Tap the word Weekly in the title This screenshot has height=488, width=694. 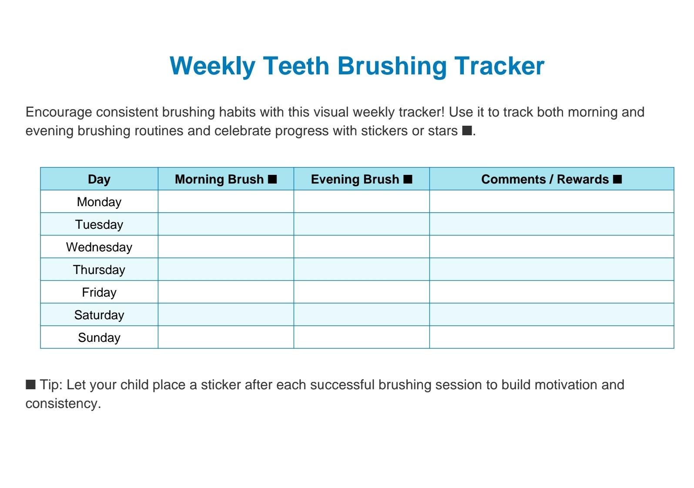[212, 66]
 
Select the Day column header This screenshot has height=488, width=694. [99, 179]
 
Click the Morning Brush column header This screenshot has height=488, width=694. [219, 179]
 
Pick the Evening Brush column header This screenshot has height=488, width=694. [355, 179]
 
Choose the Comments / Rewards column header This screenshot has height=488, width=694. [545, 179]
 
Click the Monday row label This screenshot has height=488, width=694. [99, 202]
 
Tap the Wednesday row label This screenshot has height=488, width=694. [99, 247]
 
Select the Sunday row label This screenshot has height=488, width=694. [99, 338]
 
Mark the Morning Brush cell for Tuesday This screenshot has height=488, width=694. [226, 224]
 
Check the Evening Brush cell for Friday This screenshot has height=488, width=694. [362, 292]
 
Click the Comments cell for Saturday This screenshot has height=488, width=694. [552, 315]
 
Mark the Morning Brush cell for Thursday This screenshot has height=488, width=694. [226, 270]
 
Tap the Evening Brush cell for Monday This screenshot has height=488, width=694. [362, 202]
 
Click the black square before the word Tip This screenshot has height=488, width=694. [30, 384]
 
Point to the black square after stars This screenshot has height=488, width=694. [467, 130]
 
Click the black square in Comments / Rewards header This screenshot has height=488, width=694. [617, 179]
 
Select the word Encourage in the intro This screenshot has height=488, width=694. [59, 112]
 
